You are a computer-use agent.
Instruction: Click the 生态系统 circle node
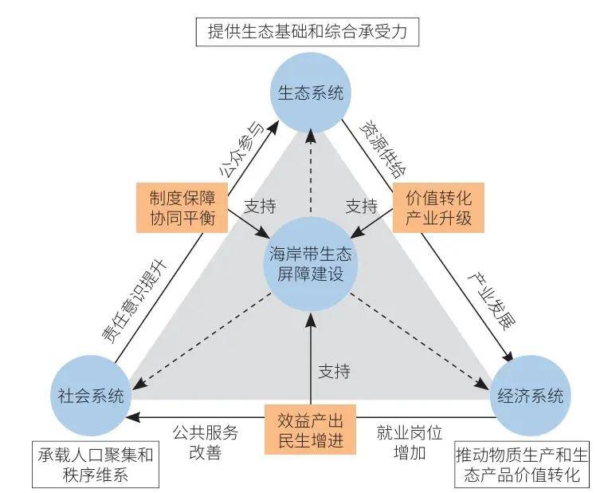(310, 94)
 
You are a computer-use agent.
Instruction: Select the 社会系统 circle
(91, 396)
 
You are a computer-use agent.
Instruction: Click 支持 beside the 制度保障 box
(259, 206)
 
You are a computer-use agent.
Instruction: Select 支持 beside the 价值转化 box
(361, 206)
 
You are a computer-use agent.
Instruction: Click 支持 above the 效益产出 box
(334, 371)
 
